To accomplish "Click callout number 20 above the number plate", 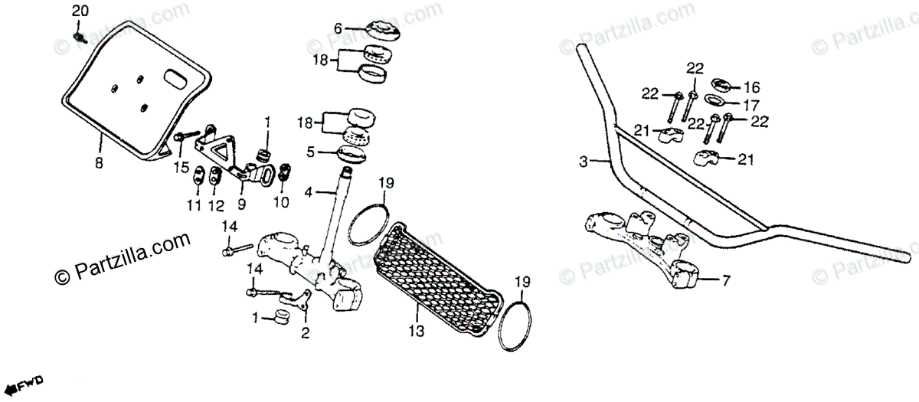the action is pyautogui.click(x=80, y=11).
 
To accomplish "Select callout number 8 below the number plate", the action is pyautogui.click(x=98, y=162).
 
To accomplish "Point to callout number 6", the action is pyautogui.click(x=338, y=28).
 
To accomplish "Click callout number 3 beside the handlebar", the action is pyautogui.click(x=583, y=162).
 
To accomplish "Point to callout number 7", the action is pyautogui.click(x=725, y=281).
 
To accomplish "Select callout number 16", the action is pyautogui.click(x=751, y=86).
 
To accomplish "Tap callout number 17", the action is pyautogui.click(x=751, y=103).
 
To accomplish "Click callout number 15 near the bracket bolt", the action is pyautogui.click(x=180, y=166).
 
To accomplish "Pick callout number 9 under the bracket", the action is pyautogui.click(x=241, y=204).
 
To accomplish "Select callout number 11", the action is pyautogui.click(x=194, y=205).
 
